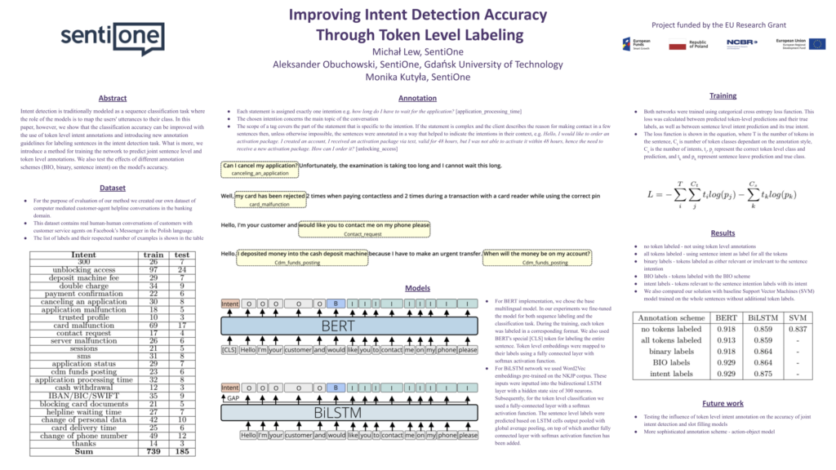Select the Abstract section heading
[x=113, y=98]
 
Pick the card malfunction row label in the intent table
[x=84, y=326]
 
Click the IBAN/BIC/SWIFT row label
[x=84, y=395]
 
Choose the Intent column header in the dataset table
[x=84, y=255]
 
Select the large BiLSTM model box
[x=349, y=411]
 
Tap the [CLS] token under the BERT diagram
[x=229, y=349]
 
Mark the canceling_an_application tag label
[x=259, y=174]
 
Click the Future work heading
[x=723, y=403]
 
